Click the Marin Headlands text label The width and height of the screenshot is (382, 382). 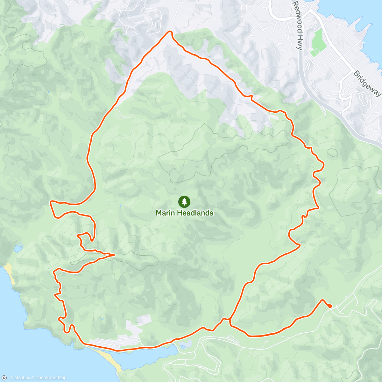184,213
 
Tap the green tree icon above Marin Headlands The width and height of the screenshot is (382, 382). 184,202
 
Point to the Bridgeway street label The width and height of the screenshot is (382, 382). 367,83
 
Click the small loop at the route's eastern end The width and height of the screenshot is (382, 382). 329,306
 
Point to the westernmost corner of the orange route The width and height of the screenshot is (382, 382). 51,202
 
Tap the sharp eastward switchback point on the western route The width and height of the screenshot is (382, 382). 114,255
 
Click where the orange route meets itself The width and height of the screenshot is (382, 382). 229,318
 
